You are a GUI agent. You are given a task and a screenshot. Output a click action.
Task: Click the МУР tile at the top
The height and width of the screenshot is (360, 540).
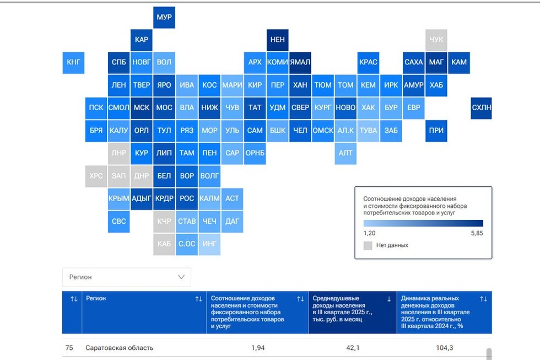pos(164,17)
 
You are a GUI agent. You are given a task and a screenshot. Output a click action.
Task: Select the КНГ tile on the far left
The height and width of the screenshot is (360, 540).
pos(73,62)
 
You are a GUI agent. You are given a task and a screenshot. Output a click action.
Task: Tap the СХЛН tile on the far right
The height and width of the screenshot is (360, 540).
pos(481,108)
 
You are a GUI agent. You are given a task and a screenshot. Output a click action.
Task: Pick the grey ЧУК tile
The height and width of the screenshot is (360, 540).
pos(436,40)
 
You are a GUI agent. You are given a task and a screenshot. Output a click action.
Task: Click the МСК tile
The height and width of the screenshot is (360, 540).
pos(142,108)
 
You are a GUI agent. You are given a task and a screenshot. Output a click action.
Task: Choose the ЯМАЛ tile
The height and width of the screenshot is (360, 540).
pos(300,62)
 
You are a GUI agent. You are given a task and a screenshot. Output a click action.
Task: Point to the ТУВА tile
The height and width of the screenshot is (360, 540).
pos(368,131)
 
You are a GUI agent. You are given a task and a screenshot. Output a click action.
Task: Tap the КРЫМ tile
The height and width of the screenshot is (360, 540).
pos(119,198)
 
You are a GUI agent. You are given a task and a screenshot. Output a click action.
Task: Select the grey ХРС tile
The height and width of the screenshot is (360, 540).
pos(96,176)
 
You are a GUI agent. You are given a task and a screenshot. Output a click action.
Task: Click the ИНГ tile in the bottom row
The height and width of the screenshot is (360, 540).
pos(209,244)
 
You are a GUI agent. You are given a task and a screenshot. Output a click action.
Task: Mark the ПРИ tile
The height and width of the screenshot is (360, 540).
pos(436,131)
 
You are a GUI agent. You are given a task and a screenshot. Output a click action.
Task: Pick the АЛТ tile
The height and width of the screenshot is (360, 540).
pos(345,153)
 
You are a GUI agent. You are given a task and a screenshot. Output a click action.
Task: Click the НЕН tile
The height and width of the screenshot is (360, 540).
pos(277,40)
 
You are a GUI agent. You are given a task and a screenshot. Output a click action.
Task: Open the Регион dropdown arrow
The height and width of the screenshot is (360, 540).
pos(181,277)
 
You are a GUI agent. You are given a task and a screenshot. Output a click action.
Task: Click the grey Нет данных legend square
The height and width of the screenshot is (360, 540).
pos(368,245)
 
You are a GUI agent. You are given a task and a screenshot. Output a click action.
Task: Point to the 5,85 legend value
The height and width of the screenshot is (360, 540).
pos(477,234)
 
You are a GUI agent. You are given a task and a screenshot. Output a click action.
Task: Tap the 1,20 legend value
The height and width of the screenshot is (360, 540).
pos(370,234)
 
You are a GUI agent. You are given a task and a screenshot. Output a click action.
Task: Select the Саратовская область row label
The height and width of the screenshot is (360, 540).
pos(119,348)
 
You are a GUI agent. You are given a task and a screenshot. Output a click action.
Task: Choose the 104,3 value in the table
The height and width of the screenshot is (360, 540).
pos(444,348)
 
